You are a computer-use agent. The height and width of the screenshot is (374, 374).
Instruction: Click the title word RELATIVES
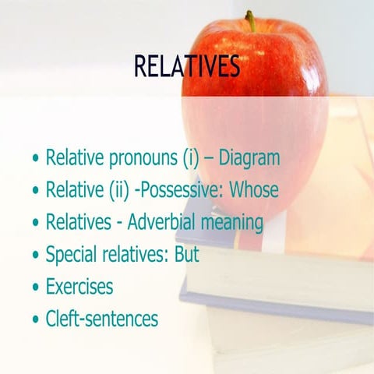[186, 67]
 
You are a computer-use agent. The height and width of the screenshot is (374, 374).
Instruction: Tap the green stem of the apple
[250, 20]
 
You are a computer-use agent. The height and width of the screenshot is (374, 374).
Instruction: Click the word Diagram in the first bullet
[249, 158]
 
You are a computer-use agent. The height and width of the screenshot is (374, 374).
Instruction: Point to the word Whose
[251, 190]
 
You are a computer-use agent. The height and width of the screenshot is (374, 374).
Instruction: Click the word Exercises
[79, 286]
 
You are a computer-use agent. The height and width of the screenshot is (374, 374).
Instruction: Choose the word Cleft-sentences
[101, 318]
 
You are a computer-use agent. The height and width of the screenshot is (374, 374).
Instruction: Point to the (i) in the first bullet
[192, 159]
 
